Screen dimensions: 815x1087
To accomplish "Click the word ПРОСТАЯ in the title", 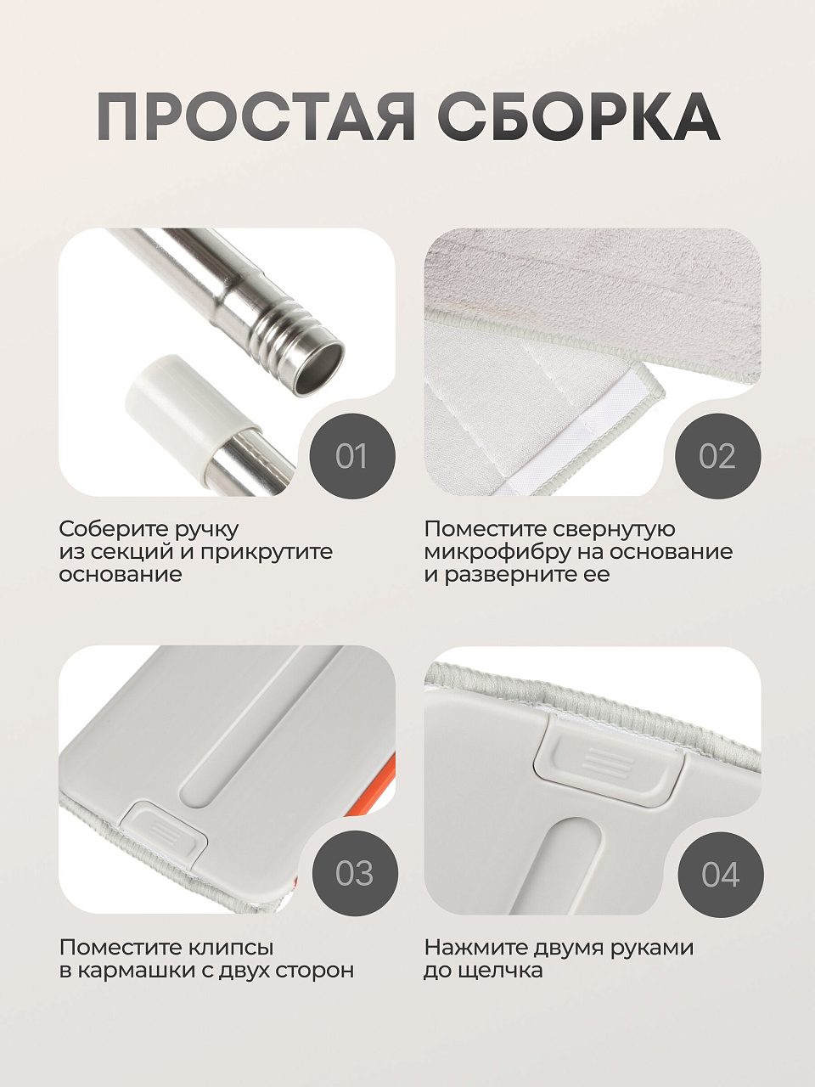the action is click(x=256, y=117).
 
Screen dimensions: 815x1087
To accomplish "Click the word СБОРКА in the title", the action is click(x=578, y=117).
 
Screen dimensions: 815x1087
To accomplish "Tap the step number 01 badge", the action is click(x=352, y=456).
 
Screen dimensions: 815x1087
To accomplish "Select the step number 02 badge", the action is click(x=718, y=456).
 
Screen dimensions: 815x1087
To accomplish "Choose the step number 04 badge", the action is click(x=721, y=874).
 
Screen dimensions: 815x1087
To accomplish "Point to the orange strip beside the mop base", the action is click(x=382, y=787).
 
